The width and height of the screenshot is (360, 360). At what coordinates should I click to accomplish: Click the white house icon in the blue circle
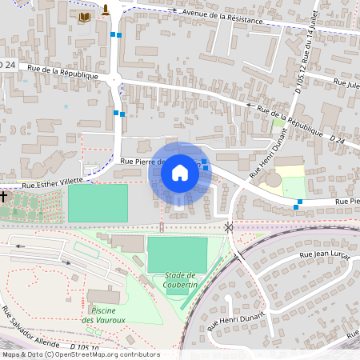coord(180,172)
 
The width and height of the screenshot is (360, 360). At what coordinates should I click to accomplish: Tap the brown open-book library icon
coord(85,16)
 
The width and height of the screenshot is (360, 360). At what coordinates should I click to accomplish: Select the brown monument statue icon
coord(106,10)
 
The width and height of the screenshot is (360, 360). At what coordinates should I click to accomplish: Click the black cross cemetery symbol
coord(4,195)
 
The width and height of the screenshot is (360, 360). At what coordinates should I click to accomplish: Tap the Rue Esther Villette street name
coord(53,183)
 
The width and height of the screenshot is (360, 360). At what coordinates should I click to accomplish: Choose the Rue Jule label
coord(346,82)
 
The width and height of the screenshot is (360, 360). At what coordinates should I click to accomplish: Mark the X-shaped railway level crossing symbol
coord(230,228)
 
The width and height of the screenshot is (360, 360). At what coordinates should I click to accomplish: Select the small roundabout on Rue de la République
coord(115,78)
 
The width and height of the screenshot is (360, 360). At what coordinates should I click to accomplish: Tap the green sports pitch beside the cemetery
coord(98,202)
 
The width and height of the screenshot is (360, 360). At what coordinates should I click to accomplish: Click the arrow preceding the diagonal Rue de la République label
coord(250,105)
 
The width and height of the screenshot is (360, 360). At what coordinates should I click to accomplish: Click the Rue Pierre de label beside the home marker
coord(140,161)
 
